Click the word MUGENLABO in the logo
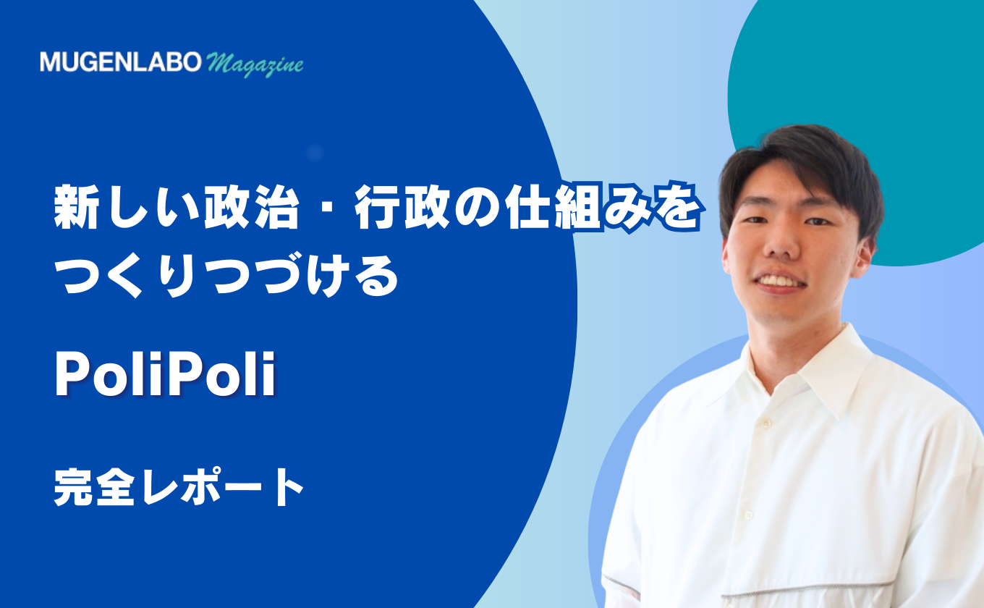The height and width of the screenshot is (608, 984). pyautogui.click(x=121, y=62)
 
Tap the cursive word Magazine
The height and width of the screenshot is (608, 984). pyautogui.click(x=255, y=64)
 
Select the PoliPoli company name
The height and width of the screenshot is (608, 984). pyautogui.click(x=165, y=374)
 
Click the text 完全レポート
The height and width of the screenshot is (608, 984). pyautogui.click(x=179, y=486)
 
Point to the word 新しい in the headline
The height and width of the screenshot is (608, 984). pyautogui.click(x=124, y=206)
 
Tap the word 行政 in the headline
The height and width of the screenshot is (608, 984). pyautogui.click(x=402, y=206)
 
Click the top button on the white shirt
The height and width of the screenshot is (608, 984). pyautogui.click(x=766, y=424)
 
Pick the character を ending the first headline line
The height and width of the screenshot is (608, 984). pyautogui.click(x=677, y=207)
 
